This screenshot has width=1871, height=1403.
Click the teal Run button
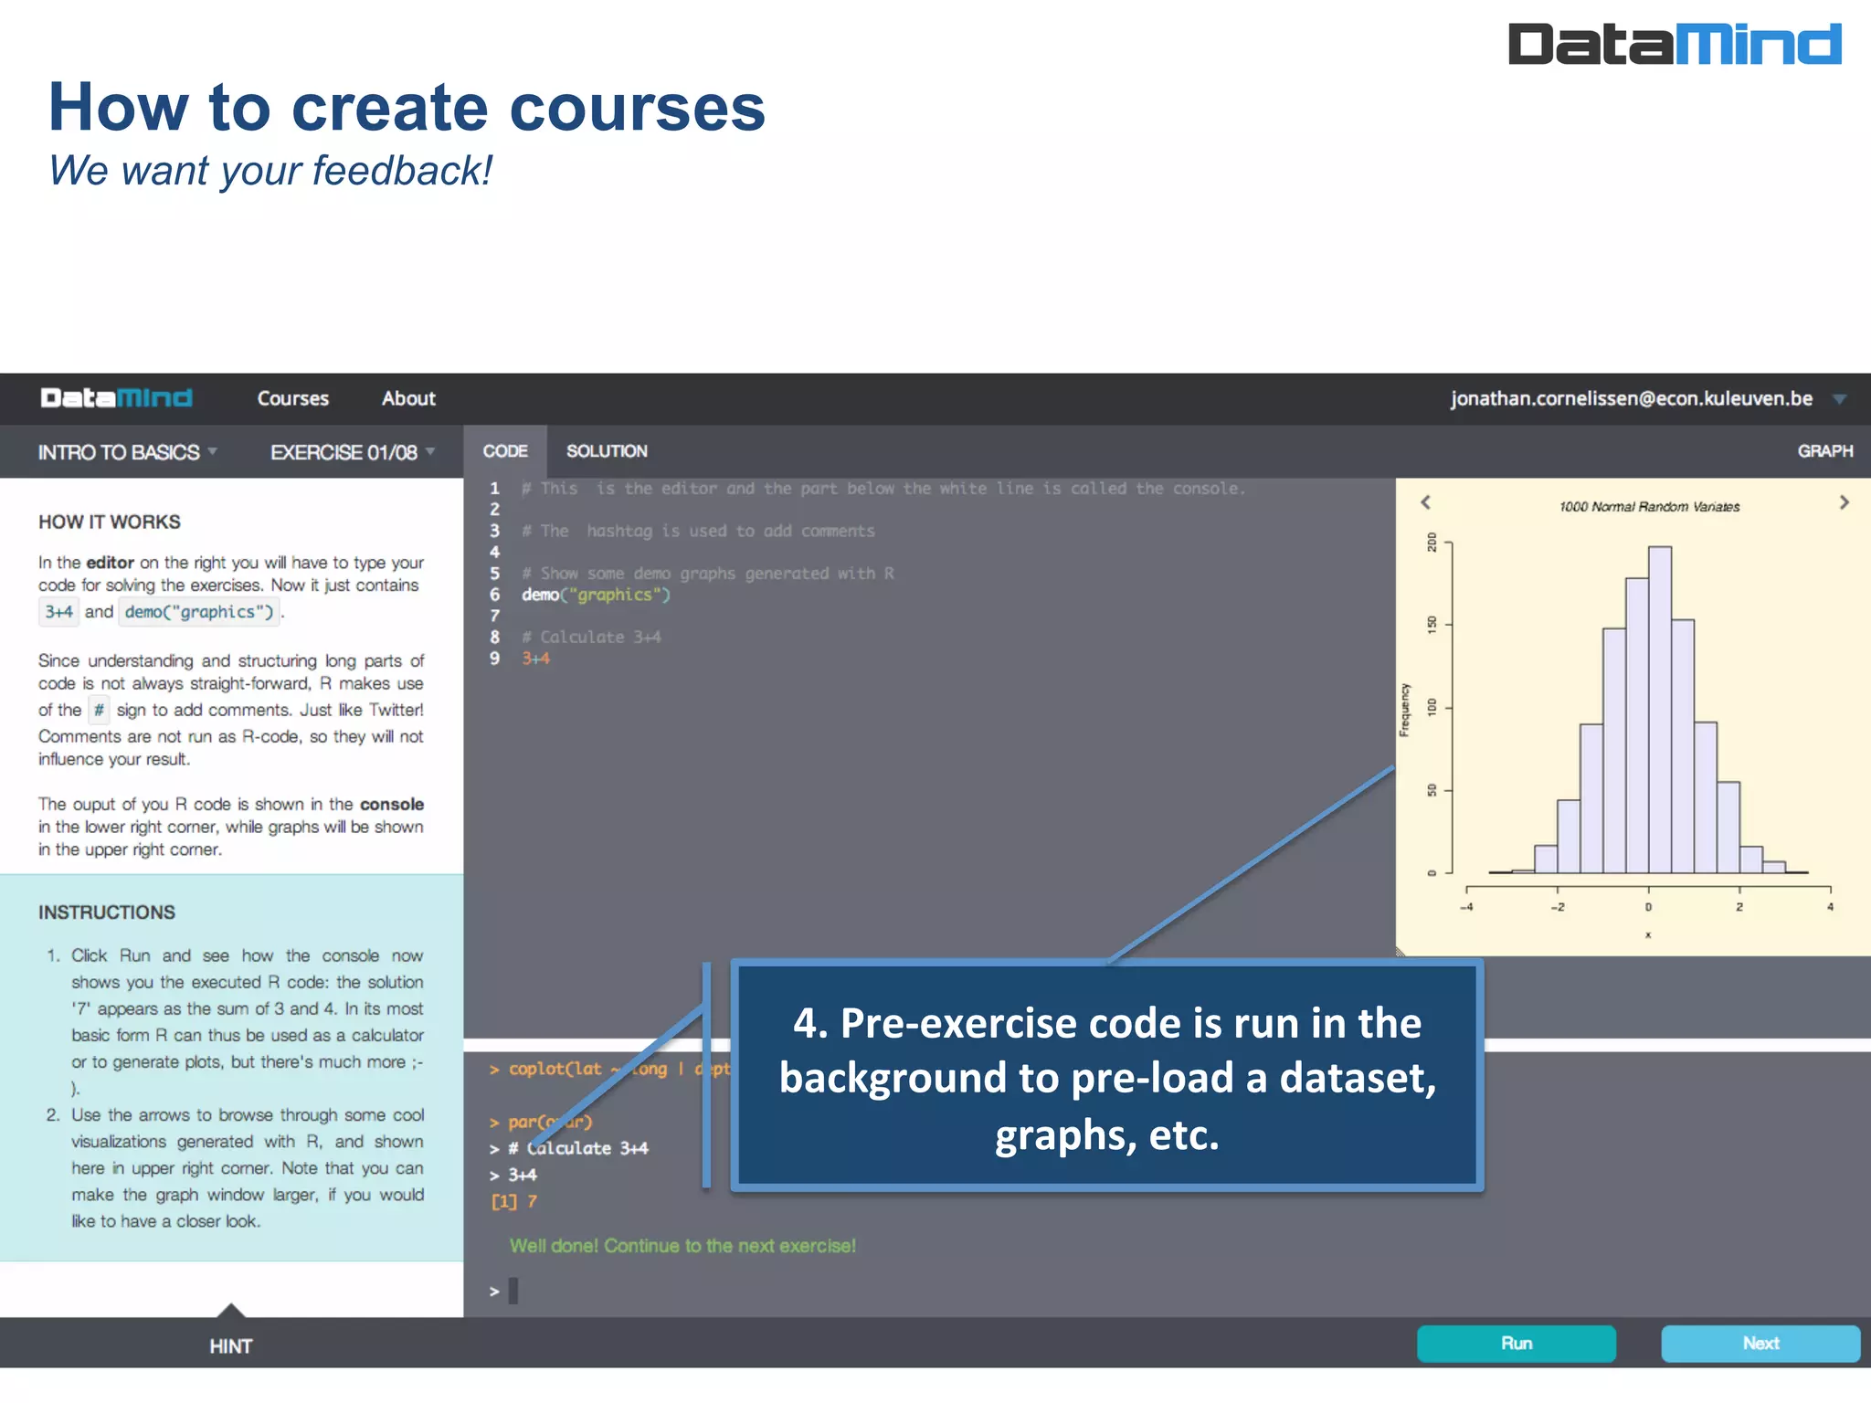click(x=1516, y=1343)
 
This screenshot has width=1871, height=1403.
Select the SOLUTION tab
click(x=607, y=451)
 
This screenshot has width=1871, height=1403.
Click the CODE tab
click(x=505, y=451)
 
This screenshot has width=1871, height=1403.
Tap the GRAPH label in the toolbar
click(x=1824, y=451)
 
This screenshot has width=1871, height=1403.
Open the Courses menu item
click(x=292, y=398)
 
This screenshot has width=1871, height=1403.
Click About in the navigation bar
click(x=408, y=398)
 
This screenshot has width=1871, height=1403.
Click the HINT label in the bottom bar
click(x=230, y=1345)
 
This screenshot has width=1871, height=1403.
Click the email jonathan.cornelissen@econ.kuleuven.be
click(x=1631, y=398)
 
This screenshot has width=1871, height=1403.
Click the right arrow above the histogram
click(x=1844, y=502)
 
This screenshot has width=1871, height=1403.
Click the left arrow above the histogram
click(x=1425, y=502)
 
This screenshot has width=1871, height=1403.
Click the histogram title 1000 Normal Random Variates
click(x=1649, y=507)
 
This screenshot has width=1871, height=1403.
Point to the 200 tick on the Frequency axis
click(x=1432, y=543)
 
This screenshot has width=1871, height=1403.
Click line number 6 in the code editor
click(x=494, y=595)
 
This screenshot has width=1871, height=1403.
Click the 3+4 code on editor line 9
click(x=536, y=659)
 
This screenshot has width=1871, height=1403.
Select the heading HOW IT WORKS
click(x=110, y=522)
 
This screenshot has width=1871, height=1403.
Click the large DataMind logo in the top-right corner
click(x=1674, y=44)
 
